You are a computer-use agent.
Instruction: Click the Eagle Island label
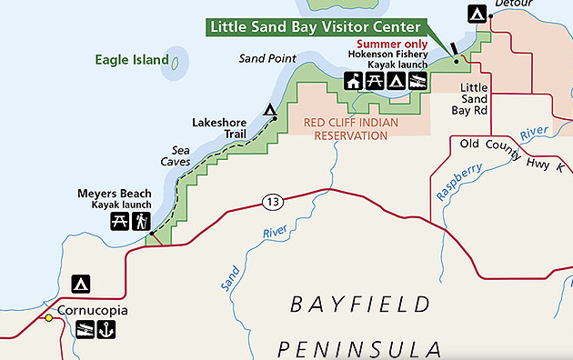132,61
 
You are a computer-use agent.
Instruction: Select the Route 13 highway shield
272,200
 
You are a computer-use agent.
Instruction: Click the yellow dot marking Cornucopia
49,318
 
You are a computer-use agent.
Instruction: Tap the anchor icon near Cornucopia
106,330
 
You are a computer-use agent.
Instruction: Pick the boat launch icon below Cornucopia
85,330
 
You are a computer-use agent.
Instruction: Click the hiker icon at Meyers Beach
140,221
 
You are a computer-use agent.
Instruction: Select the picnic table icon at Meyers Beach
119,221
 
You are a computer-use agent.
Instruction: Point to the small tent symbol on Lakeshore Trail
269,112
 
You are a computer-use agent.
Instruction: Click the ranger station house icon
354,82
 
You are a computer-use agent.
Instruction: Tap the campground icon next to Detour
476,14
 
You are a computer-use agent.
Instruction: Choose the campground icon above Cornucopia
81,284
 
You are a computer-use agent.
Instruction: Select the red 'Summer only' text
392,43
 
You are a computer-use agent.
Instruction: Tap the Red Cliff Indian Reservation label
339,129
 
